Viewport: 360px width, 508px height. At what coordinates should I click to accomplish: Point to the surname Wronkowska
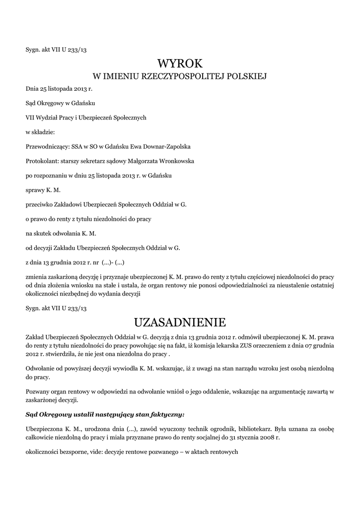175,161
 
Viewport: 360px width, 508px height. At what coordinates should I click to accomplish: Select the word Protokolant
41,161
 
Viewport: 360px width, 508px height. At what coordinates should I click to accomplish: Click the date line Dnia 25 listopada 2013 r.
59,89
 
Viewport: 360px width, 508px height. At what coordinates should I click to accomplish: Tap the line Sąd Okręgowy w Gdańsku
60,103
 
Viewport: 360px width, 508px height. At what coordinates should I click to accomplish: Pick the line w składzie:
41,132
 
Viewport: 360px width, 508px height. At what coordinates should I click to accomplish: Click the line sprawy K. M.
43,190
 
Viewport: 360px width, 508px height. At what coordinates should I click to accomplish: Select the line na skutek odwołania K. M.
61,233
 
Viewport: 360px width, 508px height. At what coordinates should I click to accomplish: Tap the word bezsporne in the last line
74,452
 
